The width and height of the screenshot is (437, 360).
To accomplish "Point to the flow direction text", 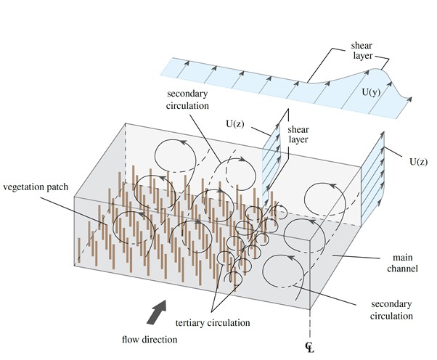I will pos(150,337).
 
